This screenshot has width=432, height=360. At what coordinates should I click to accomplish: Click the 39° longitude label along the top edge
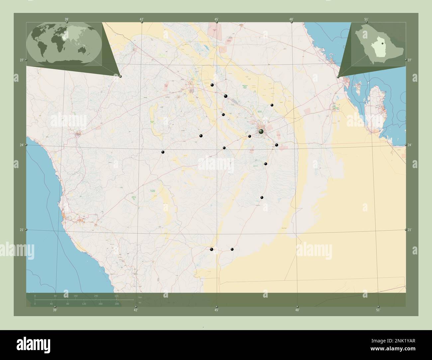[66, 20]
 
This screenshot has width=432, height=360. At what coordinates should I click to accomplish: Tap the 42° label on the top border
[141, 20]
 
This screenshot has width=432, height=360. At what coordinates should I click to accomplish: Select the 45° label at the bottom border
[216, 310]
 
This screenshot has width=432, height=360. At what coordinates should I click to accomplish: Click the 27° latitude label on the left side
[21, 60]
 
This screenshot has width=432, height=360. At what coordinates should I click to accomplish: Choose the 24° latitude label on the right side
[410, 145]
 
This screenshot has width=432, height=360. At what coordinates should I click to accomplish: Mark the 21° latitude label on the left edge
[21, 230]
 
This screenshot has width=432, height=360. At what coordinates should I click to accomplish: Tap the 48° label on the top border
[291, 20]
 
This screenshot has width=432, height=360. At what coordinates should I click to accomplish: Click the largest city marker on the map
[261, 132]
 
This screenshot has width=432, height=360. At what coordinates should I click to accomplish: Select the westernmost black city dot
[163, 152]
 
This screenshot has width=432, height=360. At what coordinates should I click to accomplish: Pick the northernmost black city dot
[212, 85]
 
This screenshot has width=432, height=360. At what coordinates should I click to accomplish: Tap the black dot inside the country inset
[383, 43]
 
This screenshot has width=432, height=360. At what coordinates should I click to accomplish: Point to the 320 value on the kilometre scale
[116, 296]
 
